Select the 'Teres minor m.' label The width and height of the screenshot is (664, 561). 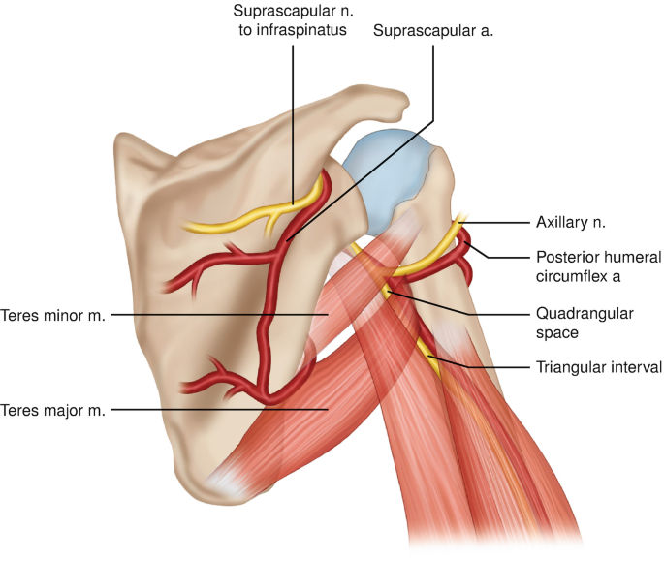pos(55,315)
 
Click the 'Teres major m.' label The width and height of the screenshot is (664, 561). pos(54,410)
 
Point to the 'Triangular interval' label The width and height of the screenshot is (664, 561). pos(598,367)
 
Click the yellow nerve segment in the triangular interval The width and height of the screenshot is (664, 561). pos(427,354)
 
